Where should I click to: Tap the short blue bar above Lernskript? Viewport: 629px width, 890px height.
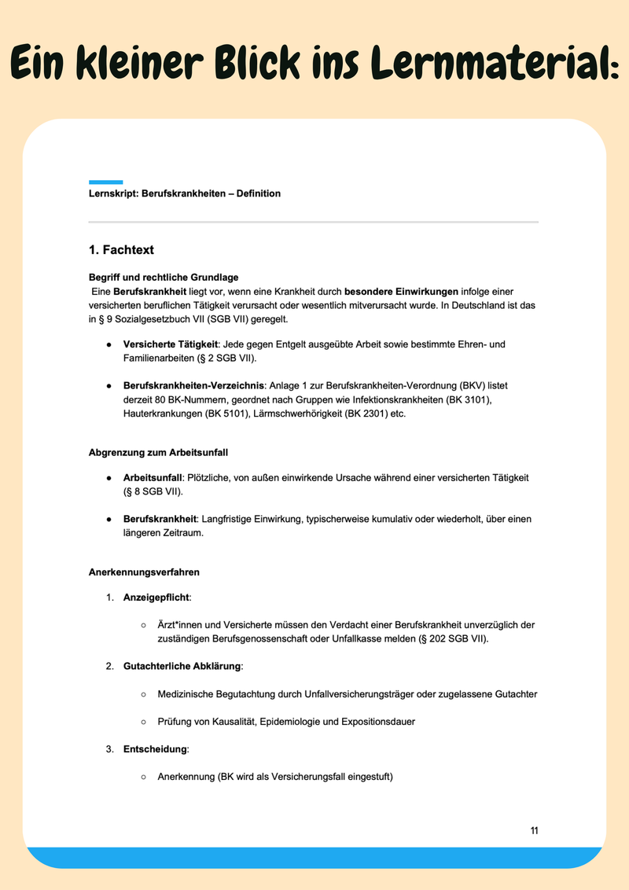(x=105, y=182)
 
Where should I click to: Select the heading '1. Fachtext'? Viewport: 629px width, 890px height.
(x=121, y=250)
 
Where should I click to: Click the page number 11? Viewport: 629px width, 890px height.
(x=534, y=831)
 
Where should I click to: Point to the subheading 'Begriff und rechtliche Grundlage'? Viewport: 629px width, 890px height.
(x=164, y=278)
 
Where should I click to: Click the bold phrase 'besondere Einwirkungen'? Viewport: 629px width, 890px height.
(x=401, y=291)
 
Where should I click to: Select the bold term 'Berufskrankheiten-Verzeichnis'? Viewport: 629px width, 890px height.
(x=194, y=386)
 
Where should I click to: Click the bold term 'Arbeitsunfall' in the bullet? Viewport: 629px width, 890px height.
(x=153, y=477)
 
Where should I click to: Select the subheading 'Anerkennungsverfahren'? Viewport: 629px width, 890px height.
(x=144, y=572)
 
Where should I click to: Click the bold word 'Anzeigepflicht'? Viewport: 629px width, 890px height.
(x=156, y=598)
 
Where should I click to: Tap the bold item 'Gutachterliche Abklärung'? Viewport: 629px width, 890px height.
(x=182, y=666)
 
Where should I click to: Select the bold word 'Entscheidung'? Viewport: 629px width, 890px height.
(x=155, y=749)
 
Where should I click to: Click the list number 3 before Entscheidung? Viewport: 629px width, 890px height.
(x=109, y=749)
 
